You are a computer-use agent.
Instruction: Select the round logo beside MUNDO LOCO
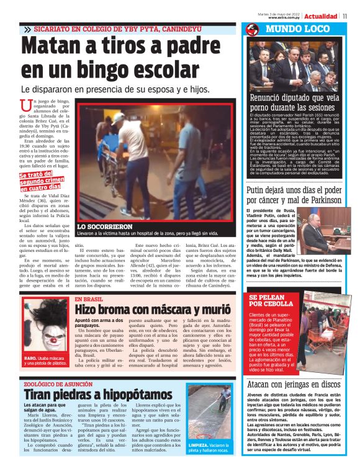pyautogui.click(x=252, y=29)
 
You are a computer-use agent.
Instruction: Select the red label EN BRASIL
pyautogui.click(x=89, y=299)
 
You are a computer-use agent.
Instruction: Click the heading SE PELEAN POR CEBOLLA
pyautogui.click(x=271, y=301)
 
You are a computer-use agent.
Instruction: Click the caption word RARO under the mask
pyautogui.click(x=30, y=358)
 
